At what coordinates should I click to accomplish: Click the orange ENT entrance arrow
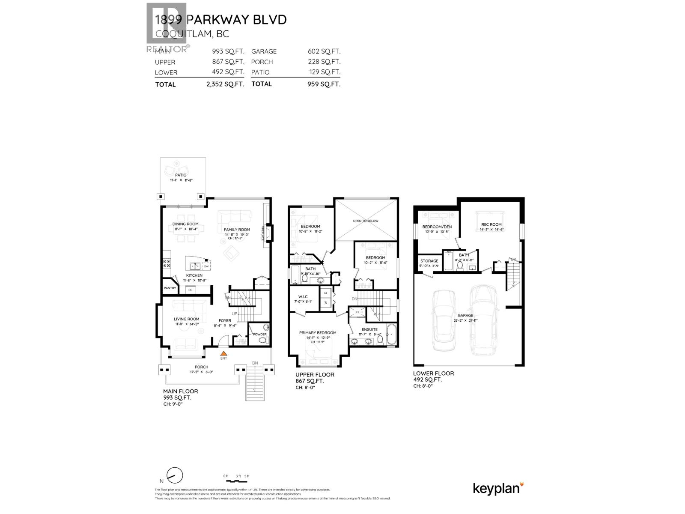coord(223,354)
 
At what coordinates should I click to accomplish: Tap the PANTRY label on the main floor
coord(170,288)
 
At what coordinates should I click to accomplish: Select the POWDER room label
coord(260,334)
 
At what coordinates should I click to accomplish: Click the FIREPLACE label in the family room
coord(263,233)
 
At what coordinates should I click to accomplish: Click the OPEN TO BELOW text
coord(366,221)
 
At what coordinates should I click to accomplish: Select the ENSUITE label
coord(369,329)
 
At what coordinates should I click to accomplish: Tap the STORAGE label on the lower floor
coord(429,261)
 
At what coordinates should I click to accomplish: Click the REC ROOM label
coord(491,224)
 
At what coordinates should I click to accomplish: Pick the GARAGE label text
coord(465,315)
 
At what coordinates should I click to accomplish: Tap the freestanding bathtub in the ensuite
coord(392,336)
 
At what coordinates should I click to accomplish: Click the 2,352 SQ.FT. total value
coord(225,84)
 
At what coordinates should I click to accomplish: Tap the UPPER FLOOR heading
coord(315,374)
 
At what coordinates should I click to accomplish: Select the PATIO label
coord(181,175)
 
